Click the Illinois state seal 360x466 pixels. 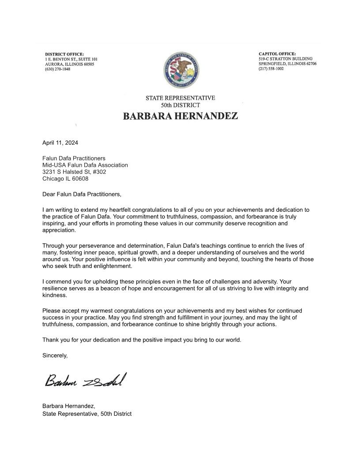tap(180, 71)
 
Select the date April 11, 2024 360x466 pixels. tap(60, 143)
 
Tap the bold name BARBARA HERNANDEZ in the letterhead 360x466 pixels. tap(180, 116)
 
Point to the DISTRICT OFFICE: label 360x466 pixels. tap(64, 54)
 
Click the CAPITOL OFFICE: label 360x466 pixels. tap(277, 53)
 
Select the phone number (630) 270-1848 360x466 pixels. tap(57, 69)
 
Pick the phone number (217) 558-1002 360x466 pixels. tap(271, 68)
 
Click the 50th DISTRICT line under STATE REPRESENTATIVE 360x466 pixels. tap(180, 105)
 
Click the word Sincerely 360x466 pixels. tap(55, 355)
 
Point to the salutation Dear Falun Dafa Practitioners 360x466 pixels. tap(82, 194)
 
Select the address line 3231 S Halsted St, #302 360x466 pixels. tap(74, 172)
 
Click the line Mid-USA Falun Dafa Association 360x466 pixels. tap(85, 165)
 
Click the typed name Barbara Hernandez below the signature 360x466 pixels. tap(68, 406)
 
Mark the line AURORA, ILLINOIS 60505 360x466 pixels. tap(69, 64)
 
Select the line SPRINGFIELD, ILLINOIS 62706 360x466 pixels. tap(287, 64)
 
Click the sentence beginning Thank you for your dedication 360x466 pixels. tap(142, 340)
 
